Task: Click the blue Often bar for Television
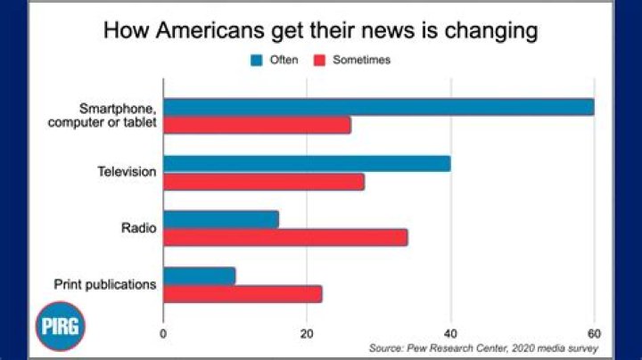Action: pos(307,164)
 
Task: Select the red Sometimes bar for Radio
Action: pos(285,237)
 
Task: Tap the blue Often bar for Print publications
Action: pos(199,275)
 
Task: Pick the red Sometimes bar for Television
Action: pos(264,182)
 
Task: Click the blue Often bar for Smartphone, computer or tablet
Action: pos(378,107)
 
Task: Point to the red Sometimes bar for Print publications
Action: pos(243,294)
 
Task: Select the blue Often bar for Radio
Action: pos(220,219)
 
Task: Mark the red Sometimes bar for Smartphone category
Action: pos(257,125)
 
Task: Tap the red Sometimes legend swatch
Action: pos(319,61)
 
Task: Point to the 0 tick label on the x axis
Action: pos(163,333)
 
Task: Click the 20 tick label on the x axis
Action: pos(307,333)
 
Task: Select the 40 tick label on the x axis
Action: pos(450,333)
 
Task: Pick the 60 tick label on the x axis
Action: pos(594,333)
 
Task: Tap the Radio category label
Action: pos(139,228)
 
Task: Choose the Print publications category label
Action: pos(105,284)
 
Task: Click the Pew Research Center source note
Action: pos(482,348)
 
